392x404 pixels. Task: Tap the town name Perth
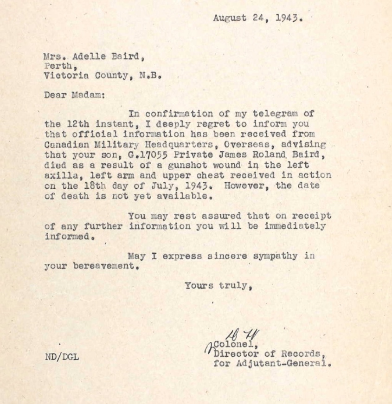58,66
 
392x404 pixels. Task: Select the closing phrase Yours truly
218,286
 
